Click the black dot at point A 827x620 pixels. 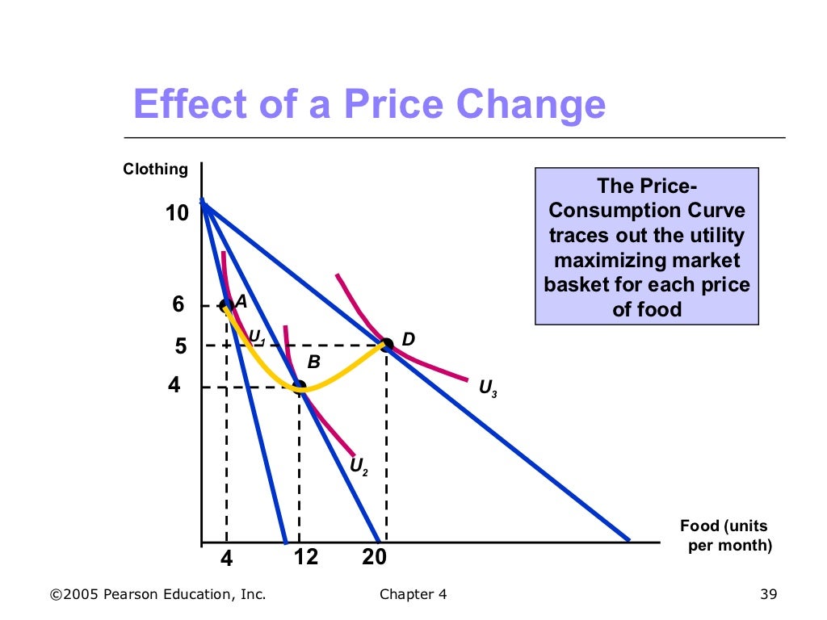pyautogui.click(x=226, y=304)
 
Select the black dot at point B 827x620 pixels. pyautogui.click(x=300, y=386)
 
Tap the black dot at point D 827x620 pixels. pyautogui.click(x=387, y=344)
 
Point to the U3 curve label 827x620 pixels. pyautogui.click(x=488, y=388)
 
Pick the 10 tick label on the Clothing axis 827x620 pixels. pyautogui.click(x=177, y=213)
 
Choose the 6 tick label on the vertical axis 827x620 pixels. pyautogui.click(x=178, y=304)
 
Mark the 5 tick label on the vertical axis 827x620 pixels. pyautogui.click(x=181, y=346)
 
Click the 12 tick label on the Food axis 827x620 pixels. pyautogui.click(x=306, y=557)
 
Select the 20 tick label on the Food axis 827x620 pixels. pyautogui.click(x=374, y=557)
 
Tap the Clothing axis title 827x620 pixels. pyautogui.click(x=155, y=170)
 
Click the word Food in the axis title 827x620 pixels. pyautogui.click(x=699, y=526)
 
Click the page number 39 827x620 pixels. pyautogui.click(x=768, y=595)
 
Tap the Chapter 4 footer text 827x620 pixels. pyautogui.click(x=413, y=595)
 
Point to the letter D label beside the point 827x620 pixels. pyautogui.click(x=409, y=339)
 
